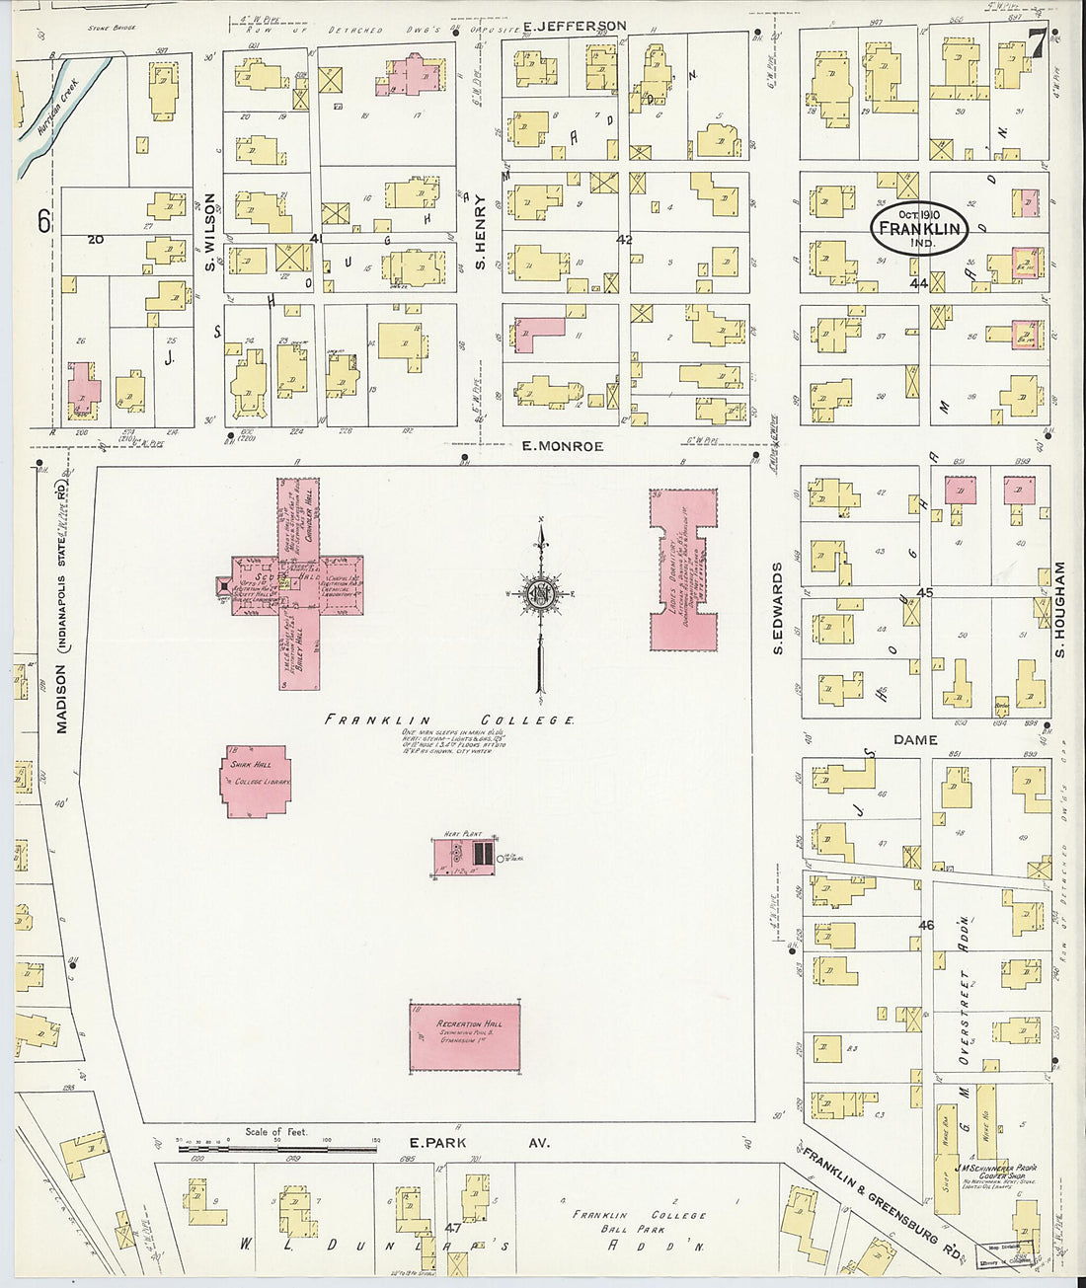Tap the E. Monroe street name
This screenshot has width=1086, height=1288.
click(x=562, y=446)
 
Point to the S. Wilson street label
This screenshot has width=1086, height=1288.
click(x=210, y=232)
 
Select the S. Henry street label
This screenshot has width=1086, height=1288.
click(x=481, y=232)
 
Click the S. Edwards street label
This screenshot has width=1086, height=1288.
click(x=778, y=609)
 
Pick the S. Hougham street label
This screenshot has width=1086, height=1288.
click(x=1059, y=609)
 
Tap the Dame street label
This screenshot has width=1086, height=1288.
click(x=914, y=739)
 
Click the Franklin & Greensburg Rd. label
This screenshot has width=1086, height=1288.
click(x=869, y=1199)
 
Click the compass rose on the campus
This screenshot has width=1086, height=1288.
click(x=541, y=595)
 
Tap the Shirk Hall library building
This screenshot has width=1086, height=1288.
click(x=256, y=782)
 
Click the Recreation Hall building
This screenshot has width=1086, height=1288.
click(x=464, y=1035)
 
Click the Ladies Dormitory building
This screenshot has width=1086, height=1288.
click(x=682, y=569)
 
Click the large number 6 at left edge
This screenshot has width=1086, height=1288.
click(x=44, y=221)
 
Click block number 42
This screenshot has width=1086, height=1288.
click(x=624, y=240)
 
